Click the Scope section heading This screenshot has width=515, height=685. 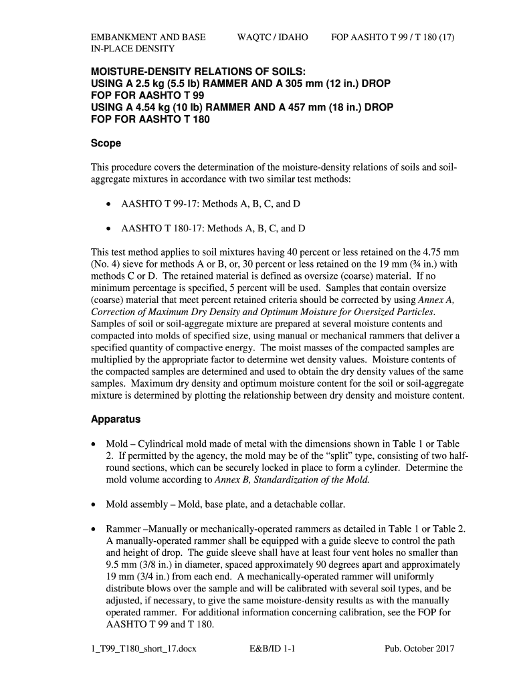pyautogui.click(x=106, y=144)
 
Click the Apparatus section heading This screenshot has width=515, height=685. pyautogui.click(x=116, y=420)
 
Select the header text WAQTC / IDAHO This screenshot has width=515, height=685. pyautogui.click(x=273, y=37)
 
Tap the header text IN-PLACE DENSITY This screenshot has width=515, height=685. pyautogui.click(x=132, y=49)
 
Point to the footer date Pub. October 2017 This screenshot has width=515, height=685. pyautogui.click(x=419, y=649)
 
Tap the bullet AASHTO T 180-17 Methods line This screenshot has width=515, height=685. pyautogui.click(x=213, y=228)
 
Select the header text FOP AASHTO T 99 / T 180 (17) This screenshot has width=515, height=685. pyautogui.click(x=393, y=37)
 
